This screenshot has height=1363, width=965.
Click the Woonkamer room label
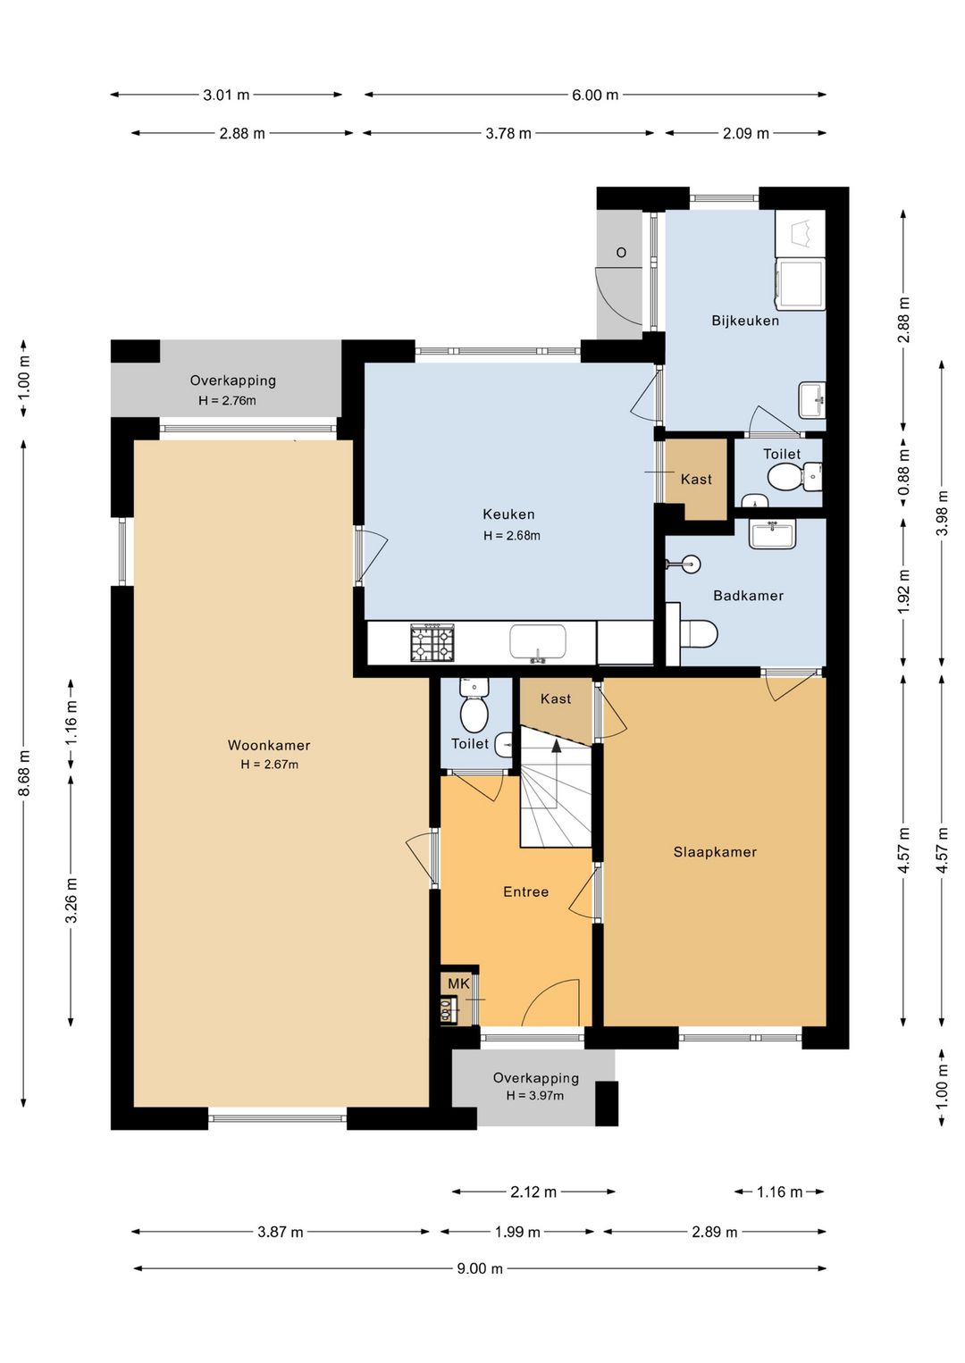pyautogui.click(x=268, y=745)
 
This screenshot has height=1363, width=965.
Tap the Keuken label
pyautogui.click(x=508, y=514)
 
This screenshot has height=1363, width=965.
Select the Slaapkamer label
pyautogui.click(x=715, y=852)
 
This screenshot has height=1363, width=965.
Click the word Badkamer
pyautogui.click(x=748, y=595)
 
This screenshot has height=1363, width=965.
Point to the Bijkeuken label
pyautogui.click(x=745, y=321)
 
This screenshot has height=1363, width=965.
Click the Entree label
pyautogui.click(x=526, y=892)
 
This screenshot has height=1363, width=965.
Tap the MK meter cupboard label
pyautogui.click(x=458, y=983)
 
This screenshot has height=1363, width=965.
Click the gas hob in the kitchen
pyautogui.click(x=432, y=642)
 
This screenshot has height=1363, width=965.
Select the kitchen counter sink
pyautogui.click(x=538, y=642)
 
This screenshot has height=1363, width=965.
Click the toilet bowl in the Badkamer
pyautogui.click(x=699, y=634)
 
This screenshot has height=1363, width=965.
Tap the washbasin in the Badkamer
pyautogui.click(x=773, y=534)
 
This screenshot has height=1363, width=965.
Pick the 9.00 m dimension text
pyautogui.click(x=480, y=1268)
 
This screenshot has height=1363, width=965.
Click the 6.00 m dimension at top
pyautogui.click(x=595, y=95)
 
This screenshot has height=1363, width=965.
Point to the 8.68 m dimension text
pyautogui.click(x=24, y=773)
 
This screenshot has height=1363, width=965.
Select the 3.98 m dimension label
pyautogui.click(x=942, y=513)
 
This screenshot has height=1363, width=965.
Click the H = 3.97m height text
pyautogui.click(x=534, y=1096)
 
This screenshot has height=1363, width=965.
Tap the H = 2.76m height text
pyautogui.click(x=227, y=400)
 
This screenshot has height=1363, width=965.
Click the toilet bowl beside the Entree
pyautogui.click(x=474, y=715)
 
